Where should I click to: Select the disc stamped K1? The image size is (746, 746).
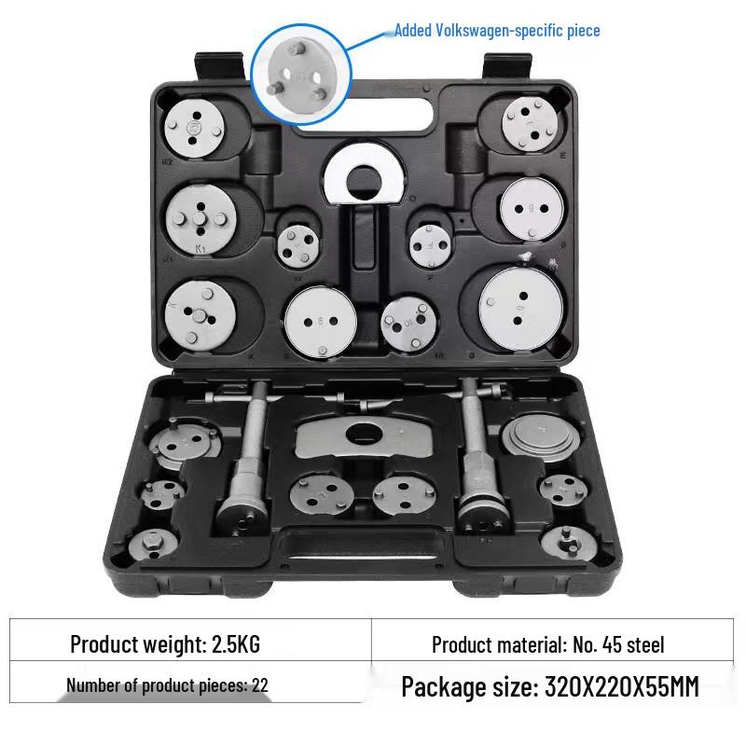[x=201, y=219]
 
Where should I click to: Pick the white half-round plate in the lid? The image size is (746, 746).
[x=365, y=175]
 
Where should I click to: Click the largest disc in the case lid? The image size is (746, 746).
[x=521, y=309]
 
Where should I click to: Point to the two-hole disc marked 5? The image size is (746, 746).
[x=321, y=321]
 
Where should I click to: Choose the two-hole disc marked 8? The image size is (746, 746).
[x=532, y=208]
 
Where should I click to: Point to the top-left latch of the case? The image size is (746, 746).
[x=218, y=66]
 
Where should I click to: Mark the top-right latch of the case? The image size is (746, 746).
[x=506, y=65]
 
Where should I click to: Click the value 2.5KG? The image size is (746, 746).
[x=236, y=644]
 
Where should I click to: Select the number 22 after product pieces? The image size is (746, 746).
[x=260, y=685]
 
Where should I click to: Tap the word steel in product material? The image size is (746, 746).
[x=645, y=645]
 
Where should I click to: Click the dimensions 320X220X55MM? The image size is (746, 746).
[x=621, y=687]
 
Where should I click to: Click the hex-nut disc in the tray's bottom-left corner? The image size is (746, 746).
[x=153, y=544]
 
